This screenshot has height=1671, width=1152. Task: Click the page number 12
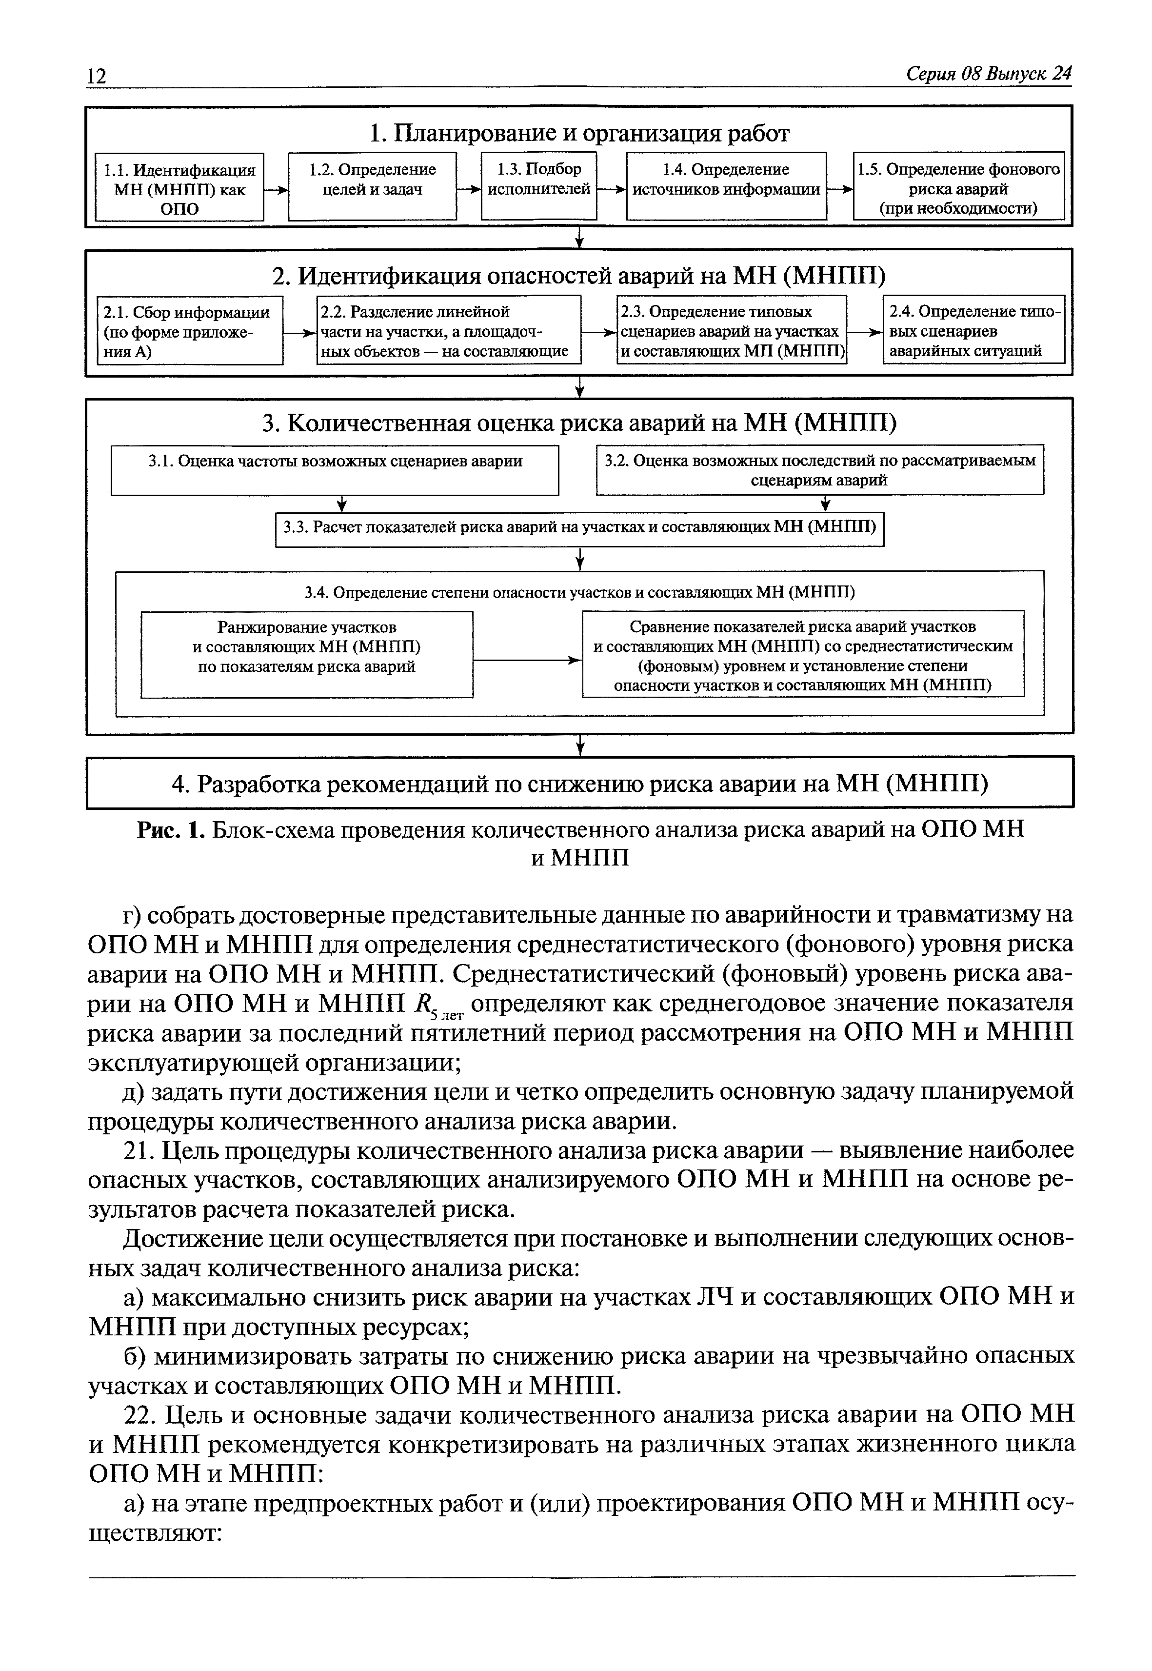[97, 76]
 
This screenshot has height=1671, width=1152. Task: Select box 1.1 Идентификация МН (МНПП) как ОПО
[180, 188]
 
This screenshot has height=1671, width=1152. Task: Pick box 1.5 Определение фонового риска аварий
[958, 186]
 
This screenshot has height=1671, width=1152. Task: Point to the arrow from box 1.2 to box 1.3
[469, 189]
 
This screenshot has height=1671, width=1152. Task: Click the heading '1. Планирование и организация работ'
[579, 134]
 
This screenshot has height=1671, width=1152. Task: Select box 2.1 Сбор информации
[190, 331]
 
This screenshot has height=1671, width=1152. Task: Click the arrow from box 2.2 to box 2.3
[599, 333]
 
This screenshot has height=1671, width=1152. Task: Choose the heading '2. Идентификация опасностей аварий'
[579, 276]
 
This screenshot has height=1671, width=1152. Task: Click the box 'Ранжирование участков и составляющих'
[307, 654]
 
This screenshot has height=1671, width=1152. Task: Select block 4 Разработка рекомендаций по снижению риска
[579, 782]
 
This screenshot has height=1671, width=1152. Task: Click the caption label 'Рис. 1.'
[171, 830]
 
